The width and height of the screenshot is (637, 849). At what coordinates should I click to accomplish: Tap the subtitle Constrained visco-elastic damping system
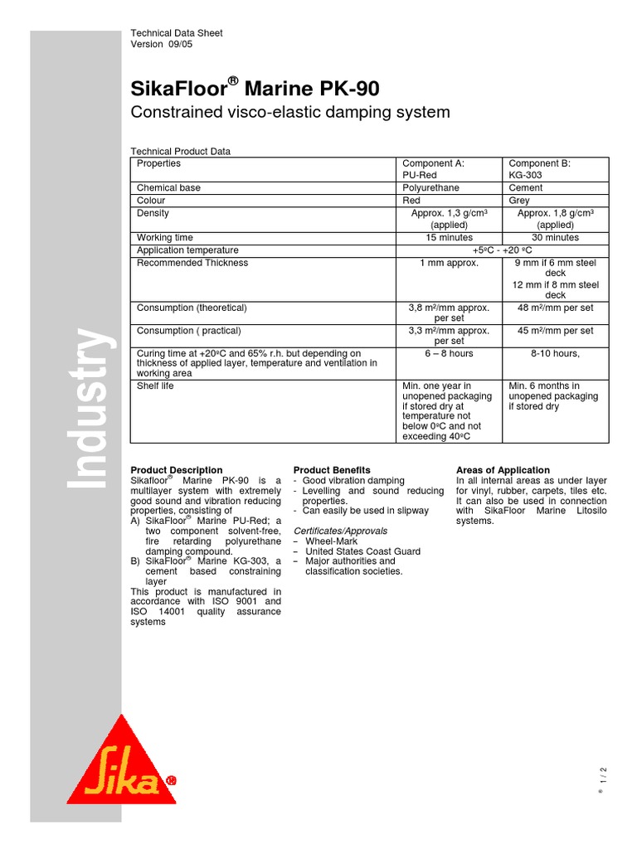coord(290,112)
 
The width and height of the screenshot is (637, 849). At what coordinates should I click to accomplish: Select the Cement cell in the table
coord(526,188)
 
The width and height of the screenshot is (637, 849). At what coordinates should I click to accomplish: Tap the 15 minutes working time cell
coord(449,238)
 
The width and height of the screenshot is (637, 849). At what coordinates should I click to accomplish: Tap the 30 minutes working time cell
coord(555,238)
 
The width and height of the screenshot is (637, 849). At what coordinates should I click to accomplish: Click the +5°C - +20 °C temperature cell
coord(502,250)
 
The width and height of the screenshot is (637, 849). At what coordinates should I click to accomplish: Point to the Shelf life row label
coord(155,386)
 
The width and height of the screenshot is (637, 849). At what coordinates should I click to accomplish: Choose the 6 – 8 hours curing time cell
coord(449,352)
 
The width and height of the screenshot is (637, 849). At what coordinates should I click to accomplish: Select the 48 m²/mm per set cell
coord(555,308)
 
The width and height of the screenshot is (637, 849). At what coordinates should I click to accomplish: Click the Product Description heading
coord(177,470)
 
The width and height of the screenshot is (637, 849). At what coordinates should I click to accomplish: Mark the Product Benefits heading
coord(332,470)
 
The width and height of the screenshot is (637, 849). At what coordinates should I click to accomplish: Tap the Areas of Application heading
coord(503,470)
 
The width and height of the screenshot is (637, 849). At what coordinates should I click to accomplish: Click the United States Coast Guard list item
coord(362,551)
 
